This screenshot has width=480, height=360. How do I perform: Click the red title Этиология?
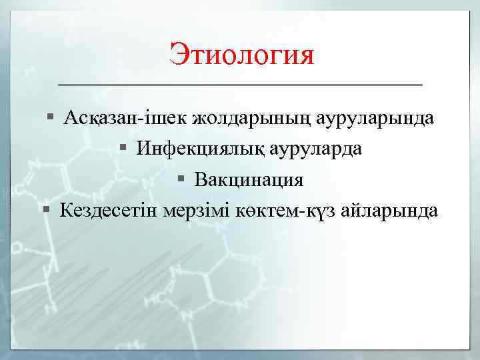[241, 54]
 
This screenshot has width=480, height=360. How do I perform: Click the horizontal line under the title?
[241, 85]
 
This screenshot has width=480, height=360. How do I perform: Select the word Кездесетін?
[109, 211]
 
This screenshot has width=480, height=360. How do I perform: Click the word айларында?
[389, 211]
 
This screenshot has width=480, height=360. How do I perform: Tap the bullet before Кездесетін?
[45, 211]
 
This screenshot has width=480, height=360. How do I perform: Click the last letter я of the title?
[305, 55]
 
